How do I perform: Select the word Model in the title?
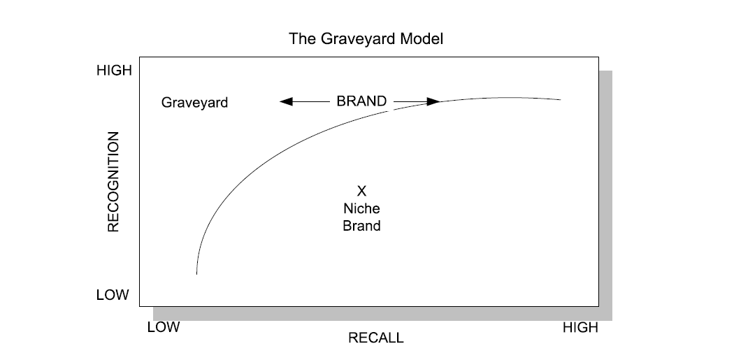tap(422, 38)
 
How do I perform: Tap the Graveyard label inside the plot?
tap(194, 103)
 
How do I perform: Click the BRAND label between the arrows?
tap(361, 101)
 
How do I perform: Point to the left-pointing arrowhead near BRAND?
tap(285, 101)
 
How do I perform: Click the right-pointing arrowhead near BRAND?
tap(433, 101)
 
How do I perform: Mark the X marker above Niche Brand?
tap(361, 190)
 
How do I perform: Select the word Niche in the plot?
tap(361, 208)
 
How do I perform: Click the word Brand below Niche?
tap(361, 226)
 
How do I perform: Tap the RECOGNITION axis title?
tap(113, 181)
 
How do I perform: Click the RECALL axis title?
tap(376, 338)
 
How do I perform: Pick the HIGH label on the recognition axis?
tap(113, 71)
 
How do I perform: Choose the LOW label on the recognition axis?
tap(113, 295)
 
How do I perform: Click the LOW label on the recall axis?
tap(164, 327)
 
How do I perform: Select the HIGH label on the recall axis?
tap(580, 327)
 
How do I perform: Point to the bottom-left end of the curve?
tap(196, 273)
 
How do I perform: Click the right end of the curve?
tap(561, 100)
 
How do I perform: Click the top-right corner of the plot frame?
tap(598, 57)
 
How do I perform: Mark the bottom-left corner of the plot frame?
tap(140, 306)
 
